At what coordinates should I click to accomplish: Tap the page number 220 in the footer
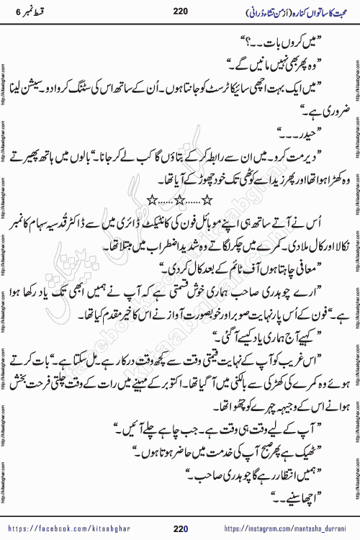coord(179,529)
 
